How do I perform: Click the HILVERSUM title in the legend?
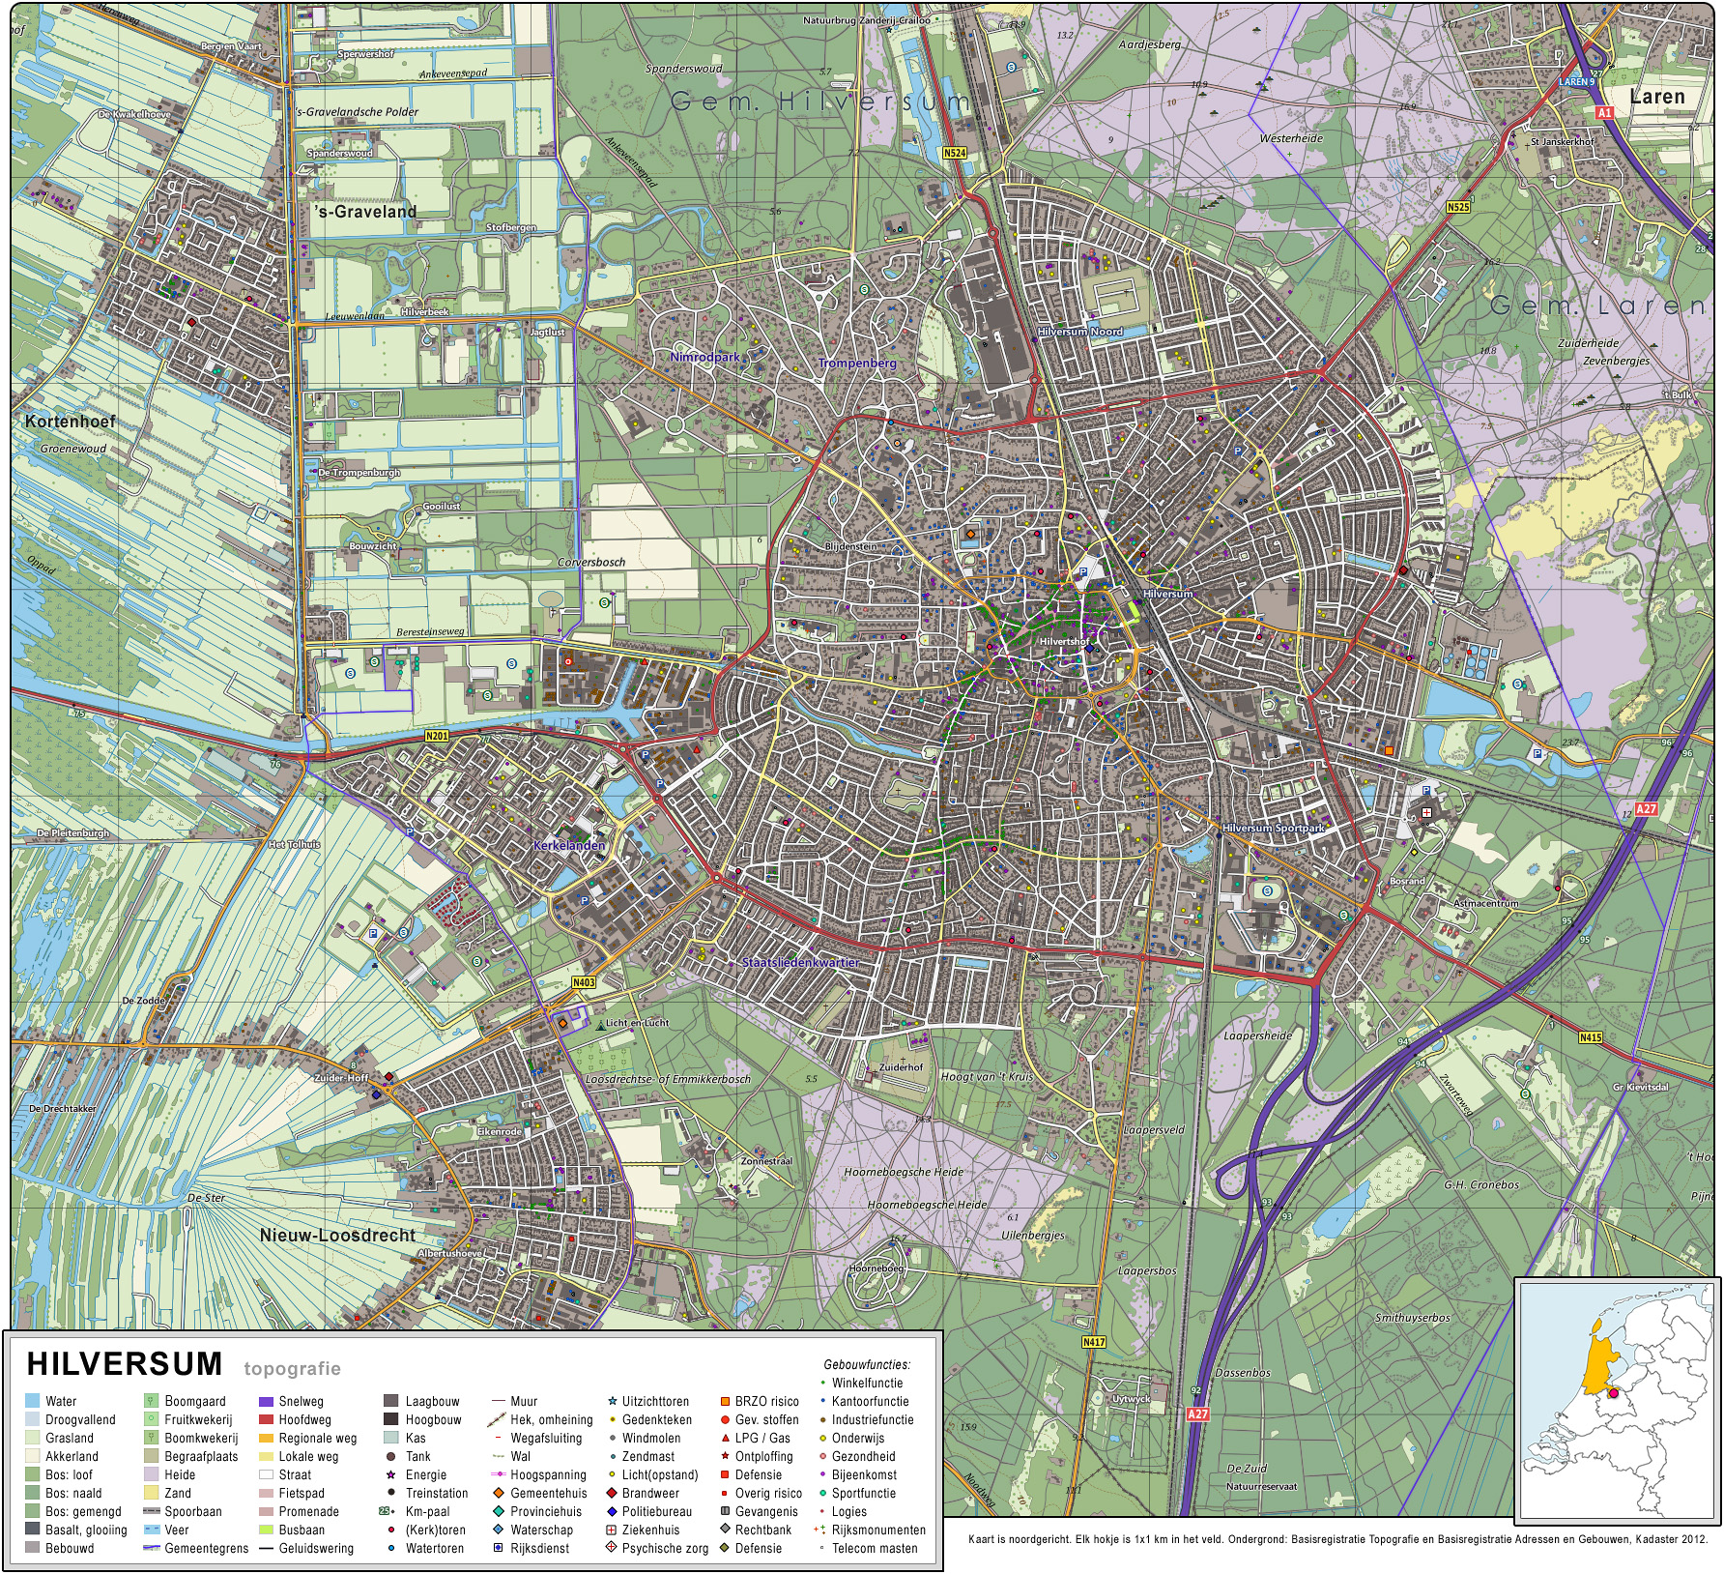point(125,1364)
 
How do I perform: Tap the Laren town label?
point(1656,97)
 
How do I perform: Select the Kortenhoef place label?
point(70,422)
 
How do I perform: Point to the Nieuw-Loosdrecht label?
point(337,1236)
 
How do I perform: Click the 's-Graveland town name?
point(365,212)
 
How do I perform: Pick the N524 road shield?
point(954,153)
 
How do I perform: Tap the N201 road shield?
point(437,737)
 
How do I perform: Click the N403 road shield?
point(584,982)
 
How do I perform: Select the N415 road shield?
point(1590,1037)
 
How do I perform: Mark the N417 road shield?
point(1093,1342)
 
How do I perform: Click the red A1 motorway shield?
point(1604,113)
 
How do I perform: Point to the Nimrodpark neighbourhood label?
point(704,357)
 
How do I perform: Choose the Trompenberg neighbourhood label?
point(857,364)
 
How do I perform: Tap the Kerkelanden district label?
point(569,845)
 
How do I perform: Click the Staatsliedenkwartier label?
point(800,963)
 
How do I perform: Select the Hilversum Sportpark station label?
point(1273,829)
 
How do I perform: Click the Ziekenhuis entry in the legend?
point(650,1530)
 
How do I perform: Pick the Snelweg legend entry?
point(301,1401)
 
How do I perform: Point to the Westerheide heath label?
point(1290,138)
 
